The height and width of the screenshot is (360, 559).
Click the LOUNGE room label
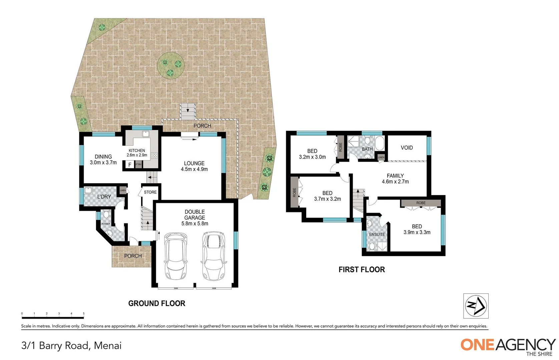click(194, 163)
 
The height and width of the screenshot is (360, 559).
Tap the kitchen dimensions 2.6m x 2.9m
click(137, 155)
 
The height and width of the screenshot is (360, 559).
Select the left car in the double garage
click(176, 256)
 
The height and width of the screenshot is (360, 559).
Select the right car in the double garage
click(214, 256)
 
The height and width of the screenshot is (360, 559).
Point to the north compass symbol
click(476, 306)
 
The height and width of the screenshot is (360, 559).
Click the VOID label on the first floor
click(407, 148)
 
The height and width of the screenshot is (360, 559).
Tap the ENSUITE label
click(377, 234)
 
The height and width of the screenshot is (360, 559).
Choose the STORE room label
click(150, 192)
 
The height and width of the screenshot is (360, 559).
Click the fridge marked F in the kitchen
click(129, 165)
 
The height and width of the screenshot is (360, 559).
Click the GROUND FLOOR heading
click(157, 303)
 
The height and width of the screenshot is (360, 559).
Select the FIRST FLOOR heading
click(362, 269)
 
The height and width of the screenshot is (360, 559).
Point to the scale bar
click(53, 316)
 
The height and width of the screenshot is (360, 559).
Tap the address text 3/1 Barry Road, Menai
click(71, 345)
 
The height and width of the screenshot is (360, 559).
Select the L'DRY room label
click(104, 197)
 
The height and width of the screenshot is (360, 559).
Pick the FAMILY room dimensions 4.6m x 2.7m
click(395, 182)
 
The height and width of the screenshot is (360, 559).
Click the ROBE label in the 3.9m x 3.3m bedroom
click(421, 203)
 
